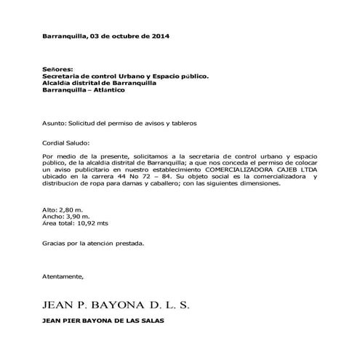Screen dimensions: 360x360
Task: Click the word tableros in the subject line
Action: [183, 124]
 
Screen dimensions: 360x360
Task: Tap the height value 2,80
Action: [66, 210]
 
